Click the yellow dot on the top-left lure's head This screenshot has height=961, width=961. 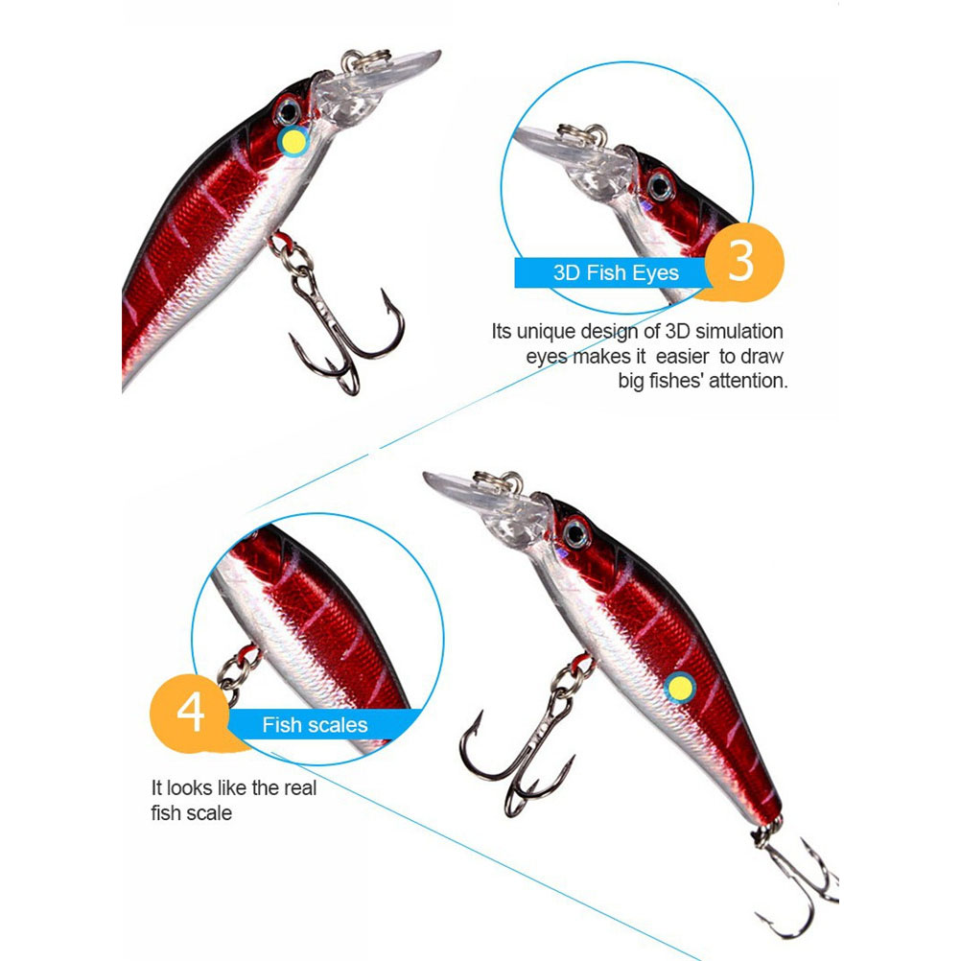[293, 142]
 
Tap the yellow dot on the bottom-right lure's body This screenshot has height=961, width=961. [680, 688]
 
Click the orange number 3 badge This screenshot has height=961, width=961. [743, 263]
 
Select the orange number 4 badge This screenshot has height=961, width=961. [191, 713]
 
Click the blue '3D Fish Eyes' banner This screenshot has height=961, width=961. [615, 272]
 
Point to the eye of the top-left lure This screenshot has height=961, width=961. [288, 112]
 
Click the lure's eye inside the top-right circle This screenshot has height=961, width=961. [660, 186]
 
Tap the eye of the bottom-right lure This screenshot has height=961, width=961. [576, 533]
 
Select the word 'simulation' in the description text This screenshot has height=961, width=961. [739, 331]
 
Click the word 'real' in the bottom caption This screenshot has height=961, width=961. [299, 787]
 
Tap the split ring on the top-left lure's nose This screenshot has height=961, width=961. [366, 60]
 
